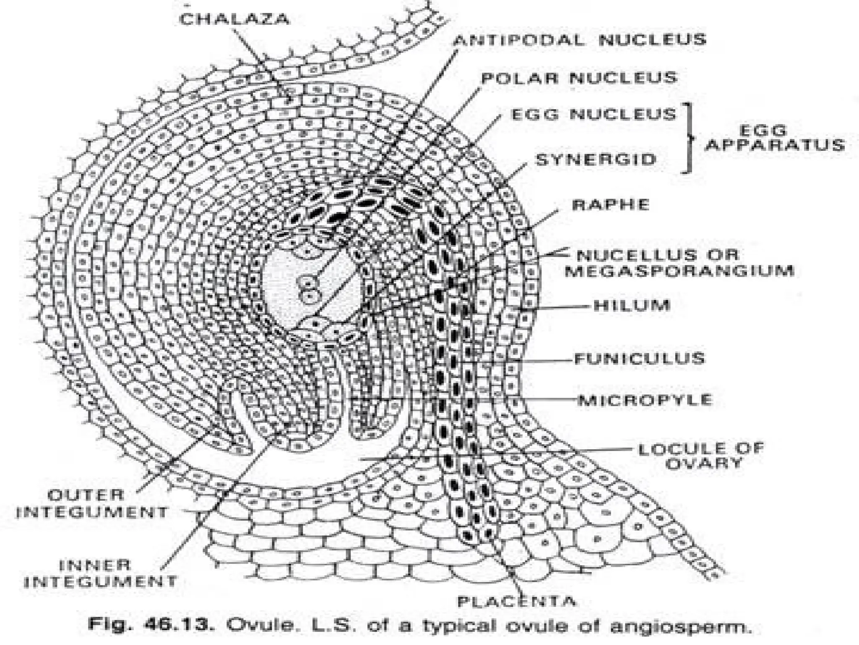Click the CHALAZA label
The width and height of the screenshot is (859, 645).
coord(234,19)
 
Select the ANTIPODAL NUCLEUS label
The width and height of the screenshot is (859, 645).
coord(580,40)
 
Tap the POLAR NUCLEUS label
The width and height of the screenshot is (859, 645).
coord(579,78)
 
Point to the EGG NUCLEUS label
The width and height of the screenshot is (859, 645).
coord(594,114)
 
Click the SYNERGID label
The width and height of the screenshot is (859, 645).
coord(596,159)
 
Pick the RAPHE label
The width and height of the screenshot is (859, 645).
coord(611,205)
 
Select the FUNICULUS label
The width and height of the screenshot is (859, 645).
coord(640,359)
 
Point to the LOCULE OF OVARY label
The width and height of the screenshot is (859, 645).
coord(701,456)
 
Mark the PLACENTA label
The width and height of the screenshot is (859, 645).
coord(516,601)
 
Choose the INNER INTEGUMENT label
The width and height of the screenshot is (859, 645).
coord(101,573)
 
